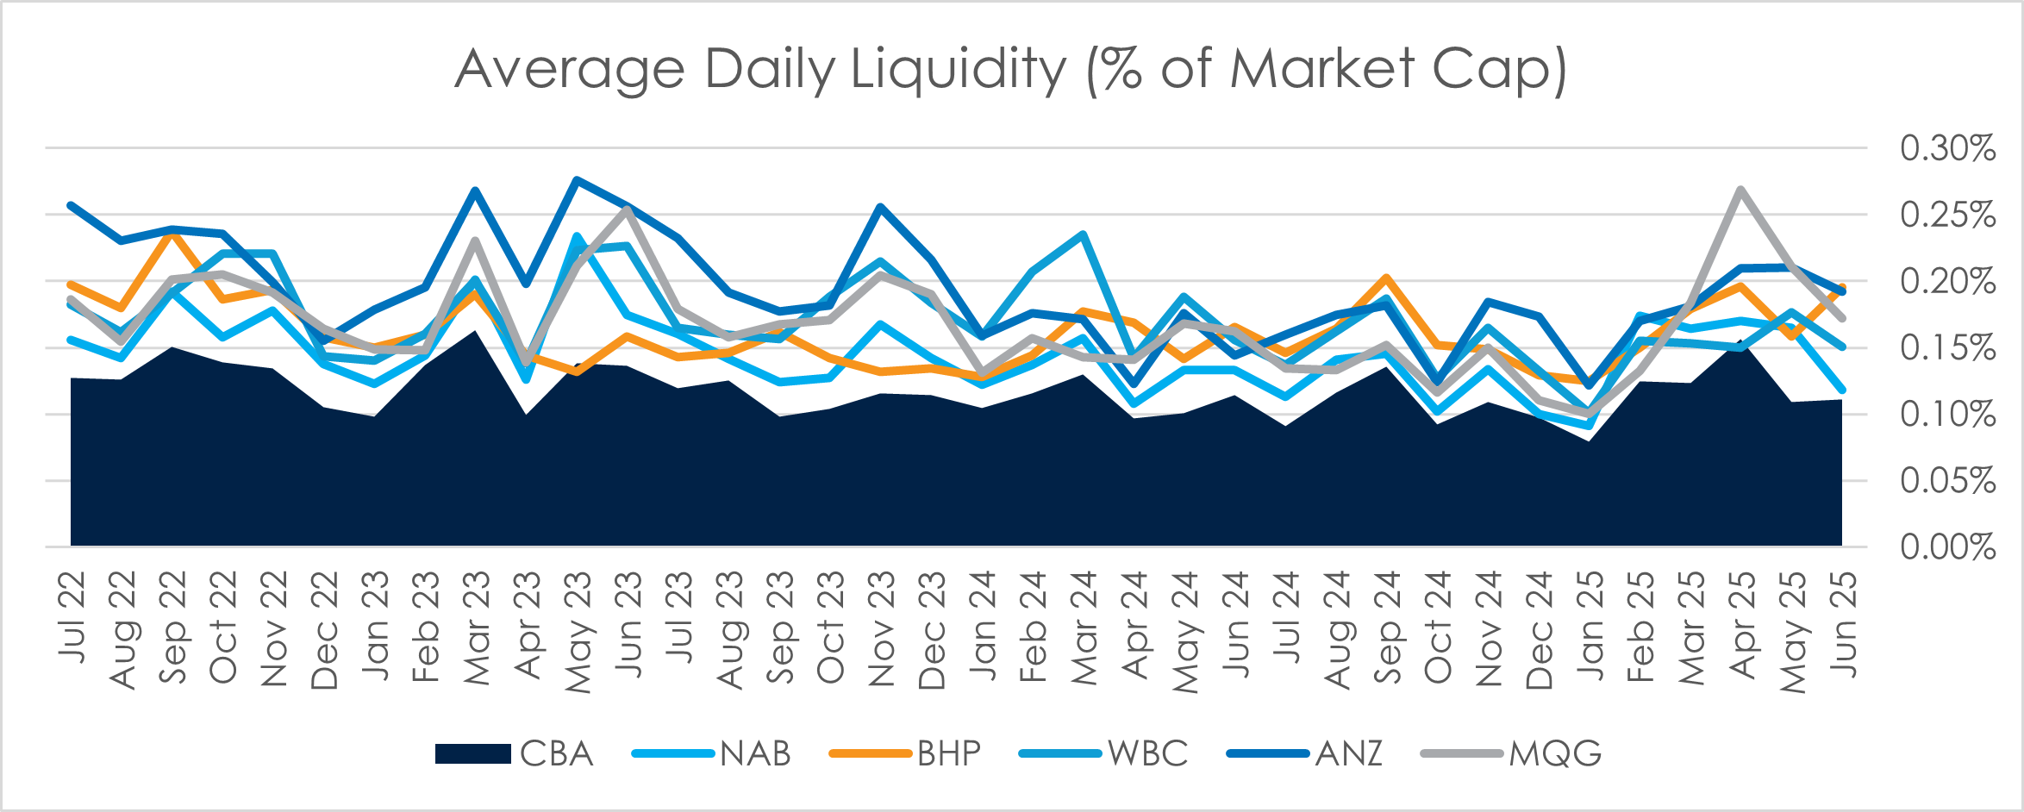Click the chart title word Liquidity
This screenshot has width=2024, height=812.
point(959,69)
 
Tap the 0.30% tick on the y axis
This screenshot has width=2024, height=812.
point(1947,148)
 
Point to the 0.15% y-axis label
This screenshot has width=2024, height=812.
point(1947,348)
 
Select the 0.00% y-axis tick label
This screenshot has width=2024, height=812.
point(1947,547)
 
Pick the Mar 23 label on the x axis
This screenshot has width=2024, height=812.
point(477,628)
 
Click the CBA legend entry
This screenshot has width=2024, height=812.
point(515,753)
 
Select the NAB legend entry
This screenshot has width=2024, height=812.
point(712,753)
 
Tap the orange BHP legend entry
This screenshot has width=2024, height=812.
point(905,753)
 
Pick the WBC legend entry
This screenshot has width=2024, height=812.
point(1103,753)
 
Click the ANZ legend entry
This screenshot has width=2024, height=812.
point(1305,753)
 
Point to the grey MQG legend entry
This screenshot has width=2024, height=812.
point(1512,753)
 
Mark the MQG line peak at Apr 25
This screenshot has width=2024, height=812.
point(1741,189)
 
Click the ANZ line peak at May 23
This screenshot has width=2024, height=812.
point(577,179)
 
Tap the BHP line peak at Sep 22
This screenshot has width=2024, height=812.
point(172,234)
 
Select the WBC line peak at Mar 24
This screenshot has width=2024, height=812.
point(1083,234)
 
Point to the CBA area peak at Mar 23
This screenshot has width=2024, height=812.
point(476,331)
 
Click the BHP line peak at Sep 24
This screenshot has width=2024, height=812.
point(1386,278)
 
